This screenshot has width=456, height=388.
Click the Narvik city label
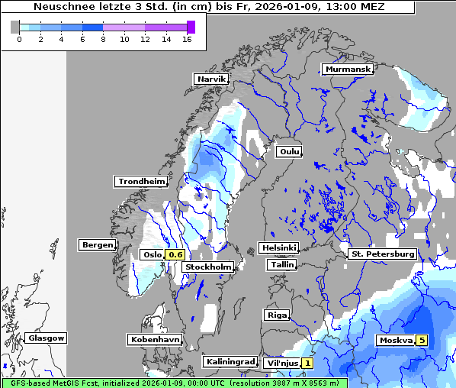point(211,79)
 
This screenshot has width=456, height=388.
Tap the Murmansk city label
point(348,69)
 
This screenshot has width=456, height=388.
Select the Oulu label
point(289,151)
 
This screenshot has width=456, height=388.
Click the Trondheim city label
point(141,181)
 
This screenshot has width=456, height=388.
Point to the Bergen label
point(97,245)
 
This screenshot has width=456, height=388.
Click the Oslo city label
point(152,254)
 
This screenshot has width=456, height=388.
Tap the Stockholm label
point(209,267)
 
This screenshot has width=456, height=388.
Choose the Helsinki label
point(278,247)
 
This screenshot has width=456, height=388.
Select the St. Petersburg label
point(382,254)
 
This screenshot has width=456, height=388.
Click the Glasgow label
point(46,338)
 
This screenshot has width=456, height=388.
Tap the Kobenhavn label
point(155,338)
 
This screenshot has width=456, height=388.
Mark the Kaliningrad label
point(230,361)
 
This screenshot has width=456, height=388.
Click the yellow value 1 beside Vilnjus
point(307,363)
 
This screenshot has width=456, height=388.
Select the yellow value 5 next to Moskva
point(422,340)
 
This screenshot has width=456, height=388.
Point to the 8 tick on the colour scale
point(103,40)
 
